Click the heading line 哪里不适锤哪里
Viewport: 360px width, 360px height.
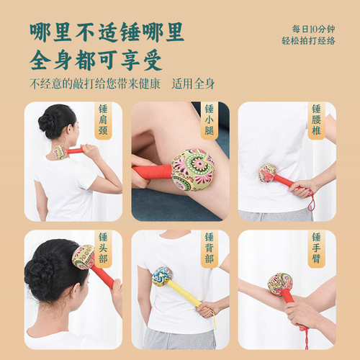106,31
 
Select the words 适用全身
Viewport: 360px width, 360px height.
197,82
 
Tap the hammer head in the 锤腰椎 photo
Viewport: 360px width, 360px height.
268,173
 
